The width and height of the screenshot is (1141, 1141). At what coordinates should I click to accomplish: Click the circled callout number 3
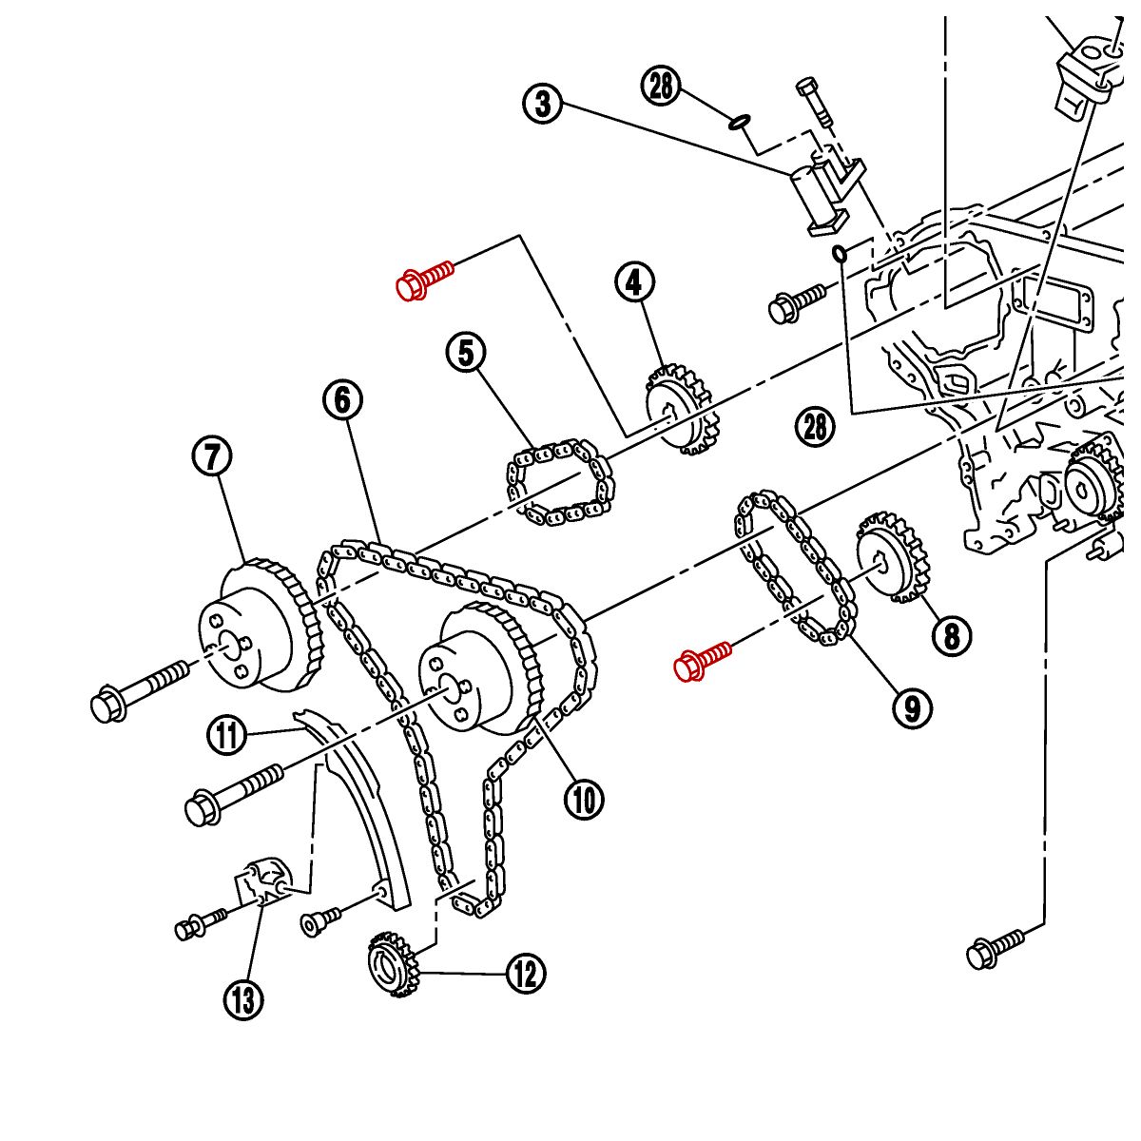543,103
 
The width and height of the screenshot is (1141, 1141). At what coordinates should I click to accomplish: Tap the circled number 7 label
212,457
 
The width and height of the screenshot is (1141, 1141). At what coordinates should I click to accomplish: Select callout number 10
583,800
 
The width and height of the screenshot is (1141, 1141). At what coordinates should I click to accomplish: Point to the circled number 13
243,999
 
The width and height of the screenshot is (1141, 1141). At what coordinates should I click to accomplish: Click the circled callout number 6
342,399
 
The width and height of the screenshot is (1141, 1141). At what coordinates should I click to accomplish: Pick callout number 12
526,974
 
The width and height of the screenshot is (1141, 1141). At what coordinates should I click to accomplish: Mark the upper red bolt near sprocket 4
424,280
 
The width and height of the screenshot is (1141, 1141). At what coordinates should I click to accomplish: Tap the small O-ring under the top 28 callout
740,122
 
